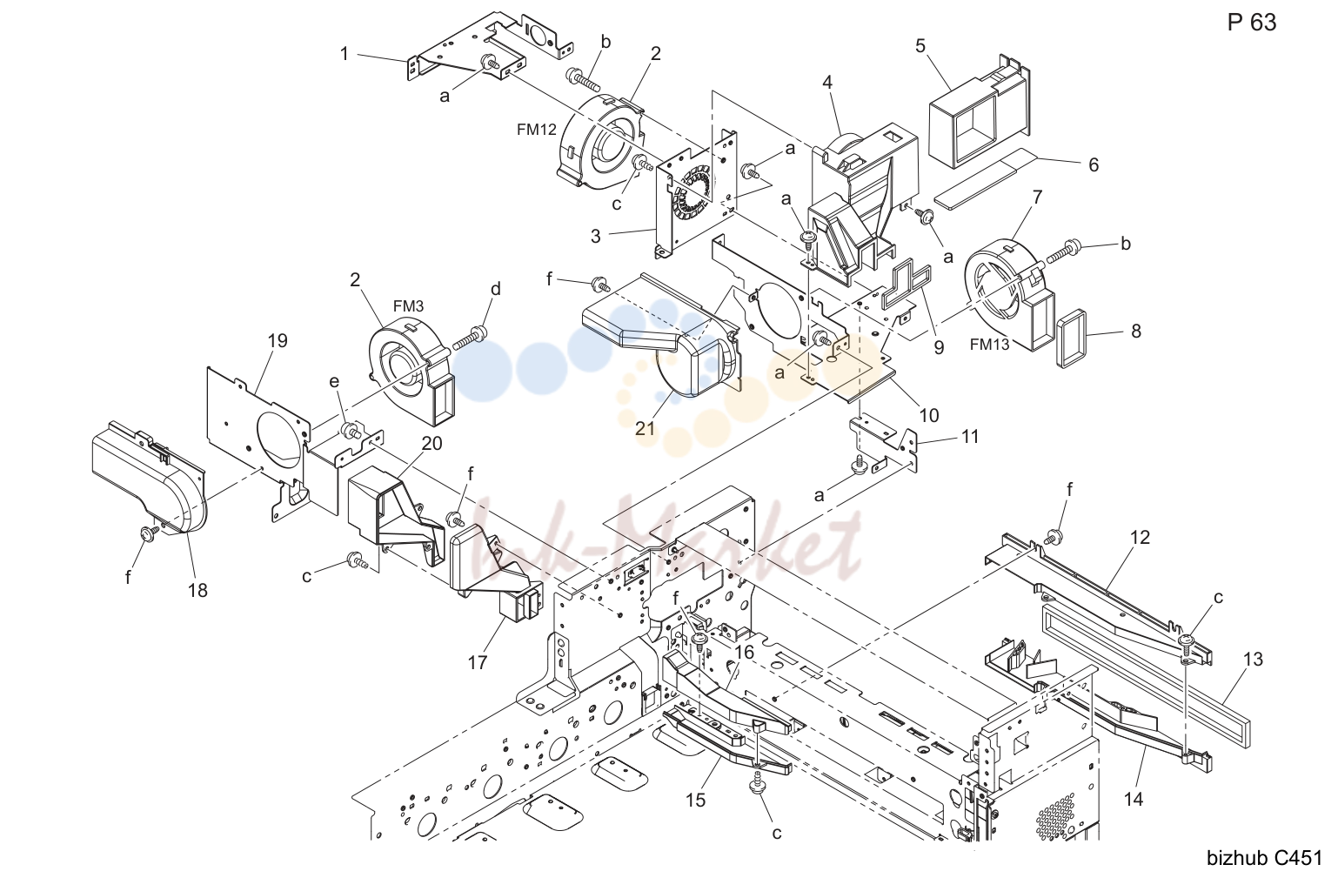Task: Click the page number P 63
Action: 1251,23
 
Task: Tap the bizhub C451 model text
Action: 1264,858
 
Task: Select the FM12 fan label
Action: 537,129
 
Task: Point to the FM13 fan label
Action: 989,345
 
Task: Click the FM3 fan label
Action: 409,305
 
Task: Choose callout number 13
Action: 1253,660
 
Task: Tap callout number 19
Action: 278,340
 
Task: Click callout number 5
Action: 920,45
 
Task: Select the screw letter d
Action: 496,289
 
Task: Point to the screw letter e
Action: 334,382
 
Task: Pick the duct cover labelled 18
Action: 150,478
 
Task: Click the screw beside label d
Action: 470,338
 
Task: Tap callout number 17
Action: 478,662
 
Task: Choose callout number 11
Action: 970,437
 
